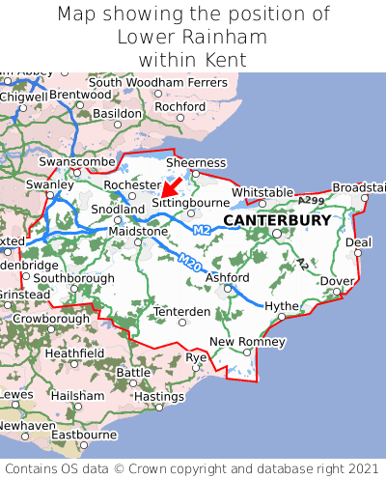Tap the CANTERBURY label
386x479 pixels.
[276, 220]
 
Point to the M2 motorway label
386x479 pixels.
[201, 230]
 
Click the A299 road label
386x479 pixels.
[311, 200]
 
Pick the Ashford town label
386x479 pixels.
[227, 278]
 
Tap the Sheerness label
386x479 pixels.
[197, 163]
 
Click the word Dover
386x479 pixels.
[337, 281]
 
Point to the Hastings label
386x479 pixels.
[159, 396]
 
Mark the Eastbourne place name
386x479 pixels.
[83, 435]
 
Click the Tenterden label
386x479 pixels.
[182, 312]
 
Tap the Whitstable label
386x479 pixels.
[262, 192]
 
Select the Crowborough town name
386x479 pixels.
[51, 318]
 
